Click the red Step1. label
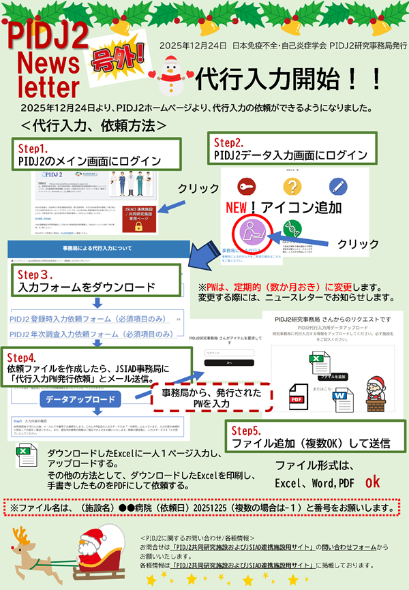(x=34, y=148)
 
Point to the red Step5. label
(x=247, y=431)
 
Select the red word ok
(x=372, y=482)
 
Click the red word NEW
(x=239, y=208)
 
